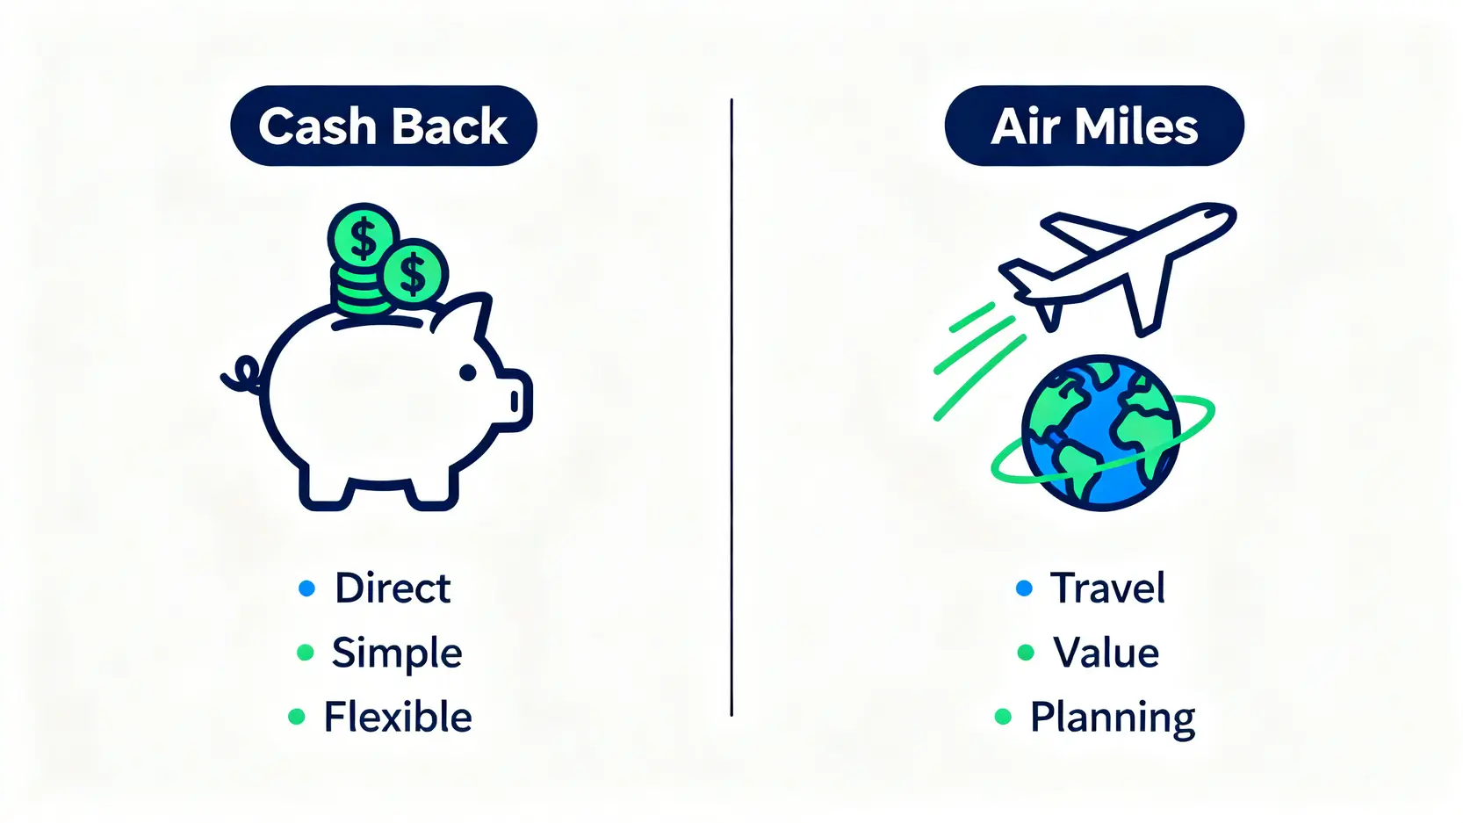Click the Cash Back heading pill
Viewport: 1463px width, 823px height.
(384, 126)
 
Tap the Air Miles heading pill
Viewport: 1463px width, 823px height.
(1094, 126)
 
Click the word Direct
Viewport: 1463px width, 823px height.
(393, 588)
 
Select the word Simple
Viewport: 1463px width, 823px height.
(397, 652)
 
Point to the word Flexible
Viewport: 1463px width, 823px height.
(398, 717)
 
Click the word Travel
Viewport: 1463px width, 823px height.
(1107, 588)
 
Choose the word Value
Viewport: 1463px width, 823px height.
(1106, 652)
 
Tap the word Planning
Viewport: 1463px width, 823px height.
(1113, 718)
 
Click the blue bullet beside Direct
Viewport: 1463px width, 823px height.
(306, 588)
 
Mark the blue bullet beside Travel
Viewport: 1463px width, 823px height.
(1024, 588)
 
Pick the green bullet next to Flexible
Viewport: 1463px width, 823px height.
(297, 717)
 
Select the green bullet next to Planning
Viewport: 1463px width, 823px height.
(1003, 717)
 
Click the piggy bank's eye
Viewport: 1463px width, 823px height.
(468, 373)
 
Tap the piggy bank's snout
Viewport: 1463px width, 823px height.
(515, 401)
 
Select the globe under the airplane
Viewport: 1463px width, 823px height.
(1101, 433)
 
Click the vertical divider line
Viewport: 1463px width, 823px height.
(731, 408)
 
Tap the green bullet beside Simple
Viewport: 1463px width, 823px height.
(305, 652)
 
